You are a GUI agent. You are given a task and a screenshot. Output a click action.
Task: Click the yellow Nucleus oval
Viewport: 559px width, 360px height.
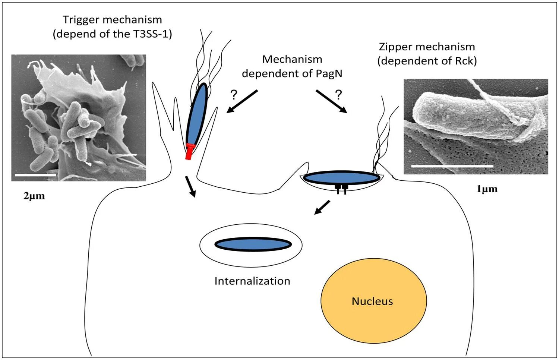(373, 301)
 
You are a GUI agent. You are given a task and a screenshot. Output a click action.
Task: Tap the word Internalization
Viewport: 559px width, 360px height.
(252, 281)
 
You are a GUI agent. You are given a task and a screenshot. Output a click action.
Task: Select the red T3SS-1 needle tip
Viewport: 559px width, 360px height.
(189, 151)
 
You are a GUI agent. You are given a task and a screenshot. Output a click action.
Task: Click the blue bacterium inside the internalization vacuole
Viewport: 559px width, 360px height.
(253, 244)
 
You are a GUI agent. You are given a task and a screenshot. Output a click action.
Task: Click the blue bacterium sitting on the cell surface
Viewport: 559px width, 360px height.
(341, 178)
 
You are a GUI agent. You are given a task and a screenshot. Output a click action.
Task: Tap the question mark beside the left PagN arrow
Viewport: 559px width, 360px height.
(234, 95)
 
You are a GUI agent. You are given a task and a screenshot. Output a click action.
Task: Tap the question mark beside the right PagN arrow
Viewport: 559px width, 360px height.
(338, 95)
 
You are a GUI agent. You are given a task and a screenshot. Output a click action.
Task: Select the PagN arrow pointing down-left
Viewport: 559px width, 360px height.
(242, 101)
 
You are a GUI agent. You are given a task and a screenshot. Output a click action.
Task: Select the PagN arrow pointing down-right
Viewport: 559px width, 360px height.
(331, 101)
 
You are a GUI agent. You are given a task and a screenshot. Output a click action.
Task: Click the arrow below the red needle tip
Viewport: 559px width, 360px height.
(190, 187)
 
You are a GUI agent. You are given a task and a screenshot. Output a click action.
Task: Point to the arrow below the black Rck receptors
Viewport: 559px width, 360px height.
(322, 207)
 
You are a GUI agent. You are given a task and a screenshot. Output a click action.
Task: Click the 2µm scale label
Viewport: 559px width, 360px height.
(34, 196)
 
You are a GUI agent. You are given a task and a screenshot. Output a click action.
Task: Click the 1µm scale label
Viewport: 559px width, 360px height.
(487, 189)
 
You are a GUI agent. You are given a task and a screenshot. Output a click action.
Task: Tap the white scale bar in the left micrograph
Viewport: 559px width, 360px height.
(35, 175)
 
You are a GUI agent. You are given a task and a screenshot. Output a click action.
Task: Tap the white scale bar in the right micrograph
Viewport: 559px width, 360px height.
(452, 166)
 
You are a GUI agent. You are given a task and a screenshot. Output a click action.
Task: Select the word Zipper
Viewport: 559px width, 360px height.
(394, 47)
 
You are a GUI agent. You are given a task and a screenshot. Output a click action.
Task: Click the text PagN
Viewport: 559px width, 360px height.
(329, 73)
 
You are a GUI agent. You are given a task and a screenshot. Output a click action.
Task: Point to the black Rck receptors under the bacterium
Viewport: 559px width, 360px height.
(341, 189)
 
